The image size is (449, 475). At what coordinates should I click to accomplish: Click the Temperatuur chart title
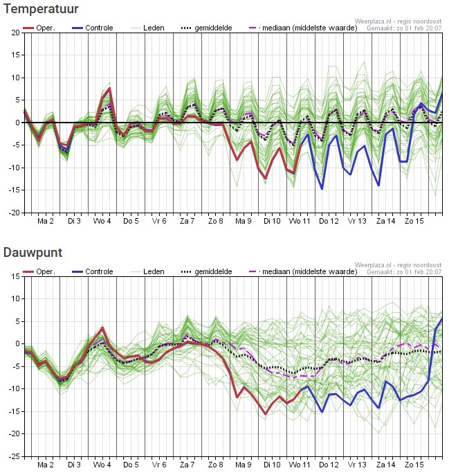[x=41, y=9]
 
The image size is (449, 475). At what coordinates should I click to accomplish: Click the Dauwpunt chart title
[x=33, y=252]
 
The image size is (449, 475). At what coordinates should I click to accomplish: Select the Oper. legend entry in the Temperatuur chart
[x=39, y=28]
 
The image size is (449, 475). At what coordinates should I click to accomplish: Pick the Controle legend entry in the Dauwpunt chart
[x=92, y=271]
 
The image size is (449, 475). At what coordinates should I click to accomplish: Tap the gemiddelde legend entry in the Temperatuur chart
[x=206, y=28]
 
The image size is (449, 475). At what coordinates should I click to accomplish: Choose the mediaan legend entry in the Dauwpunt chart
[x=303, y=271]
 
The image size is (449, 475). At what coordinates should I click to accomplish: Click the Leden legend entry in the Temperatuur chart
[x=147, y=28]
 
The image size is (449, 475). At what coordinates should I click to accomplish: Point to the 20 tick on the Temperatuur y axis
[x=16, y=33]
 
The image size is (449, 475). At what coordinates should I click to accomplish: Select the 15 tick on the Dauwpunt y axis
[x=16, y=276]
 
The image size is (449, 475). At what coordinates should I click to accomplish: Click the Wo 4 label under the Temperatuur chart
[x=102, y=221]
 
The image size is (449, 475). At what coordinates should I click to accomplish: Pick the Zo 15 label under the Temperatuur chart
[x=414, y=221]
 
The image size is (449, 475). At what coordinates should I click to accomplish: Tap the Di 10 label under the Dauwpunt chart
[x=272, y=465]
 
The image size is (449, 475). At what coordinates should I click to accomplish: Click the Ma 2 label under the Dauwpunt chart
[x=46, y=465]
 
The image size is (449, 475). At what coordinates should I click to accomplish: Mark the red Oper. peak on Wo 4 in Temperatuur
[x=109, y=88]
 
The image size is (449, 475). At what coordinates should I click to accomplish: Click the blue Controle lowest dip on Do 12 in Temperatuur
[x=322, y=189]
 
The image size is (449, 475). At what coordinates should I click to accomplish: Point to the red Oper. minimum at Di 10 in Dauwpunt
[x=266, y=413]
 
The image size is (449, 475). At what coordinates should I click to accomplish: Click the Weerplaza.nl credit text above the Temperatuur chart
[x=398, y=21]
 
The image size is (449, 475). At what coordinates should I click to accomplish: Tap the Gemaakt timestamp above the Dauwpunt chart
[x=404, y=271]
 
